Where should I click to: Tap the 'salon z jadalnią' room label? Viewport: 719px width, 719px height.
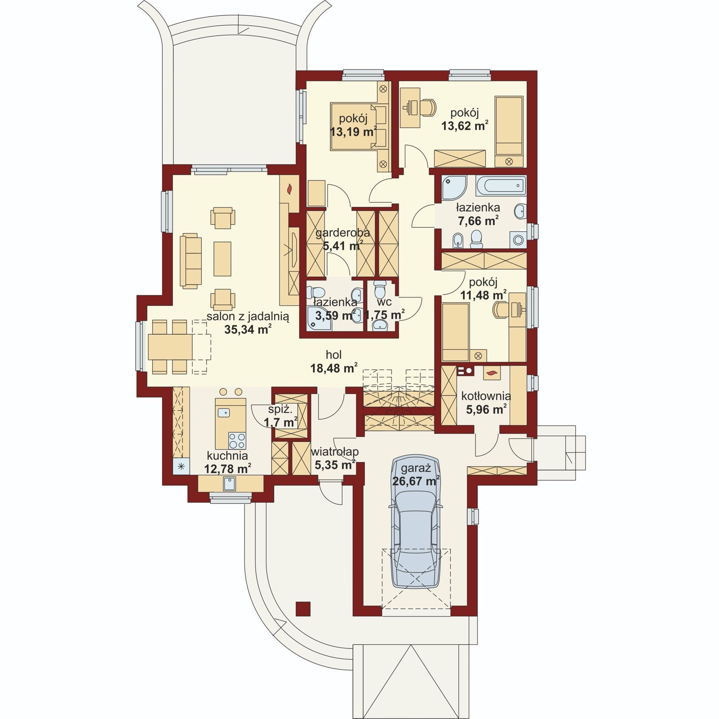coord(248,316)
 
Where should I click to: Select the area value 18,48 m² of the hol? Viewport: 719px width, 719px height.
coord(334,368)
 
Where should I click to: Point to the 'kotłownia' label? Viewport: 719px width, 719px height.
coord(486,396)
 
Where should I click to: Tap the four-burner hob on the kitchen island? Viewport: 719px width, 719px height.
coord(237,440)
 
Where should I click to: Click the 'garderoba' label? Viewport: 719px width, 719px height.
coord(342,233)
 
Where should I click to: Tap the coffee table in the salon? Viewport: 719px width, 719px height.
coord(222,259)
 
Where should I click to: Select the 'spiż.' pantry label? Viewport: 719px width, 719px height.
coord(280,409)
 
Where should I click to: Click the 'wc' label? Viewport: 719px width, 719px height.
coord(385,302)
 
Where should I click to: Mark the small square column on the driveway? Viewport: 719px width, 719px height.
coord(303,608)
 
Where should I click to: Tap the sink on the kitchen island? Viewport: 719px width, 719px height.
coord(223,412)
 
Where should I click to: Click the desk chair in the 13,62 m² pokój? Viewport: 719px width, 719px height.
coord(428,107)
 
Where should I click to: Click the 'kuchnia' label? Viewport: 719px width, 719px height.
coord(227,455)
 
